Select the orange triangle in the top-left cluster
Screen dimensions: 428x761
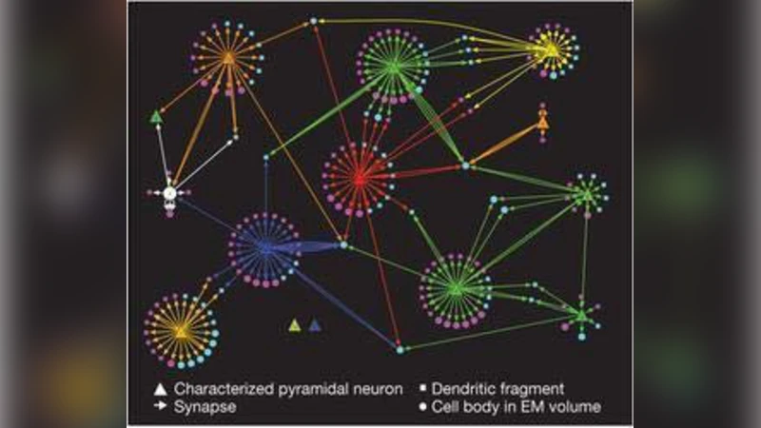pyautogui.click(x=228, y=59)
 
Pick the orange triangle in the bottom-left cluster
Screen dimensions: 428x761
pyautogui.click(x=181, y=330)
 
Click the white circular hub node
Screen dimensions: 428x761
pyautogui.click(x=169, y=194)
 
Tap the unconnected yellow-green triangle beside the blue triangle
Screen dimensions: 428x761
pyautogui.click(x=295, y=325)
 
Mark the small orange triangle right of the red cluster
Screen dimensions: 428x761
pyautogui.click(x=542, y=123)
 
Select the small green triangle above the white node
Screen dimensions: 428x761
pyautogui.click(x=156, y=117)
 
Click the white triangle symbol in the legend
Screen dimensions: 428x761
pyautogui.click(x=160, y=388)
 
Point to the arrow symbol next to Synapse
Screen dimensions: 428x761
pyautogui.click(x=160, y=407)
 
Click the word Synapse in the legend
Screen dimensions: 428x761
pyautogui.click(x=205, y=407)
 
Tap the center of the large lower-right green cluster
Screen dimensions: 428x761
pyautogui.click(x=456, y=288)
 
